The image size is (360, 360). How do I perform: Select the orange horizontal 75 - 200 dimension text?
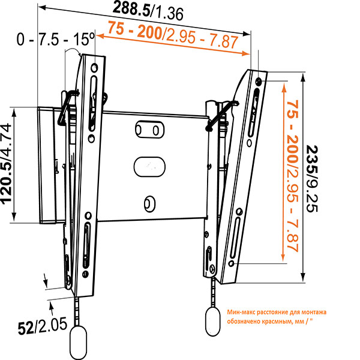(x=173, y=35)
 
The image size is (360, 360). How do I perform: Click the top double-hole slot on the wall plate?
(x=148, y=130)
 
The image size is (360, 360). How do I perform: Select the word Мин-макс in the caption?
(x=242, y=311)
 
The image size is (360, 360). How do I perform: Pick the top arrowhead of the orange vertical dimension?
(x=281, y=84)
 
